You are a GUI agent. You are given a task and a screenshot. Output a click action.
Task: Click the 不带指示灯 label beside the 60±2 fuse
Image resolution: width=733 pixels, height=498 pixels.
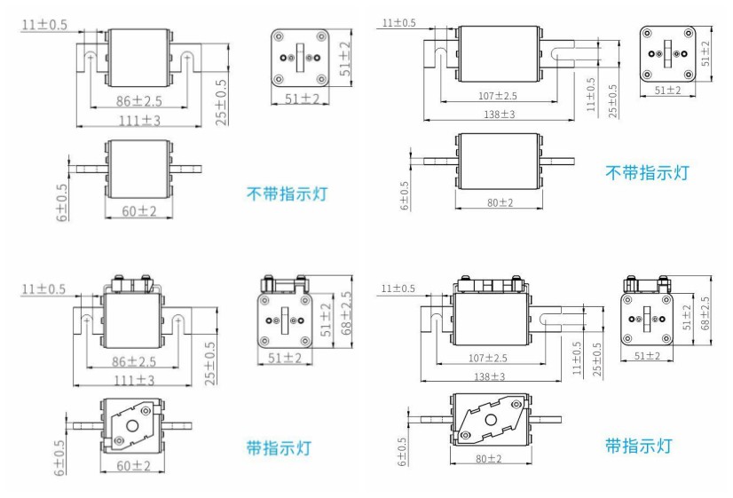pyautogui.click(x=286, y=193)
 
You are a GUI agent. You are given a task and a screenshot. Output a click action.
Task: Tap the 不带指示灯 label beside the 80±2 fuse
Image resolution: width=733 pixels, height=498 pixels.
pyautogui.click(x=646, y=172)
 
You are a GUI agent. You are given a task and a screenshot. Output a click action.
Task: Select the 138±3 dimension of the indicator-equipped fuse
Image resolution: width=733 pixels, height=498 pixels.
pyautogui.click(x=495, y=376)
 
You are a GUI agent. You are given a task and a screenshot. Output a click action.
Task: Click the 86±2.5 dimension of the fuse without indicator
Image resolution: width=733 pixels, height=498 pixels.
pyautogui.click(x=133, y=101)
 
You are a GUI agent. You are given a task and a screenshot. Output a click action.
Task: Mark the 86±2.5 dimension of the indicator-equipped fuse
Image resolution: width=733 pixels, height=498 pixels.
pyautogui.click(x=132, y=361)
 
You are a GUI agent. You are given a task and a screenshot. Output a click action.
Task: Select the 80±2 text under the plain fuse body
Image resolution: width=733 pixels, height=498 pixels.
pyautogui.click(x=496, y=202)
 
